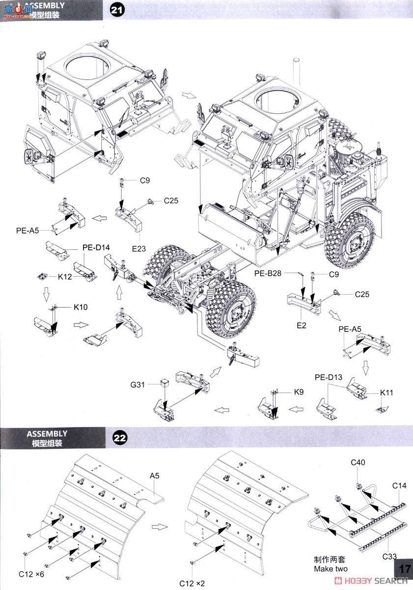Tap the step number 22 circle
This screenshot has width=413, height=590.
click(121, 437)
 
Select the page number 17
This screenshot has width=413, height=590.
click(405, 568)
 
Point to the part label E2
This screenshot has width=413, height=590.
click(301, 325)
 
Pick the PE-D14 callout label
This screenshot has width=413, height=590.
click(96, 247)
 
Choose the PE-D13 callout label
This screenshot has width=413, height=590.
click(328, 377)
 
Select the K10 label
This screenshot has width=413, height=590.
click(81, 307)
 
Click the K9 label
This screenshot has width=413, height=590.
click(299, 392)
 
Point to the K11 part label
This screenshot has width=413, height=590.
click(386, 393)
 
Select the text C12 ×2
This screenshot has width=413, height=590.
click(193, 583)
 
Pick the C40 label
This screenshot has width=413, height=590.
click(358, 462)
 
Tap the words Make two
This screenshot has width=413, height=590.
click(331, 569)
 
